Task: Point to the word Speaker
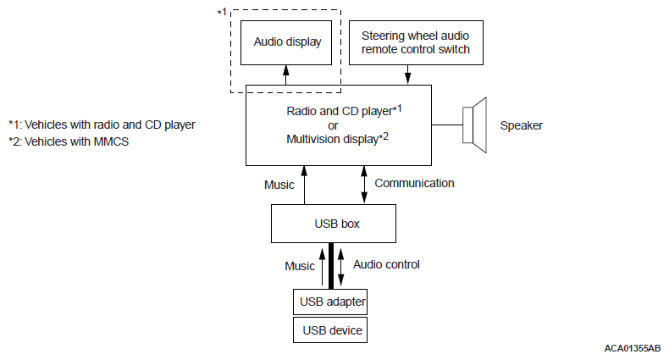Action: pos(522,126)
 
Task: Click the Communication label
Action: pos(414,184)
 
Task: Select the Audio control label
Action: pos(386,264)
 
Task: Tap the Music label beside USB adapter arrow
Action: pos(300,266)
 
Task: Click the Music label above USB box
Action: pos(279,185)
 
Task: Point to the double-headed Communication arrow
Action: pos(364,185)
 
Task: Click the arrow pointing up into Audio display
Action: pos(286,75)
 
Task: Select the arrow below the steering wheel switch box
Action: pos(407,75)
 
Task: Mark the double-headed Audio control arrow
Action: pos(340,267)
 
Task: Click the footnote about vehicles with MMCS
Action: pos(69,141)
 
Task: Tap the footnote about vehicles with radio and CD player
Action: pos(102,125)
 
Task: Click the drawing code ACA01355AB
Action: pos(633,348)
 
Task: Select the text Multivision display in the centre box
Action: pos(332,140)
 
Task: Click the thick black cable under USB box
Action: pos(331,266)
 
